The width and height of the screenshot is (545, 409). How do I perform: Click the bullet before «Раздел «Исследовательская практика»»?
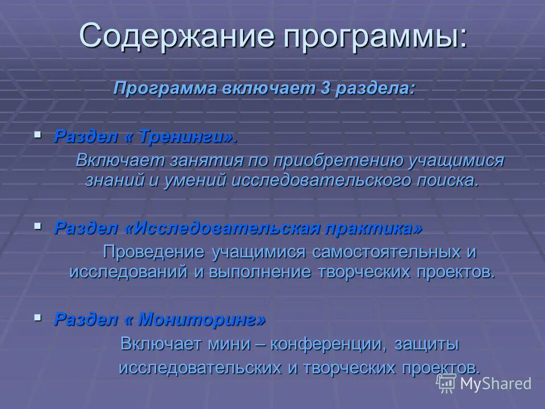(x=38, y=226)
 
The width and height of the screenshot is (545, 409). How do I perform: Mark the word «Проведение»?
(x=153, y=251)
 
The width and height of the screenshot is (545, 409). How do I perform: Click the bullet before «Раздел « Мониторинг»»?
(x=38, y=318)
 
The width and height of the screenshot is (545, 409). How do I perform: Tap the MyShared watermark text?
(x=496, y=383)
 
